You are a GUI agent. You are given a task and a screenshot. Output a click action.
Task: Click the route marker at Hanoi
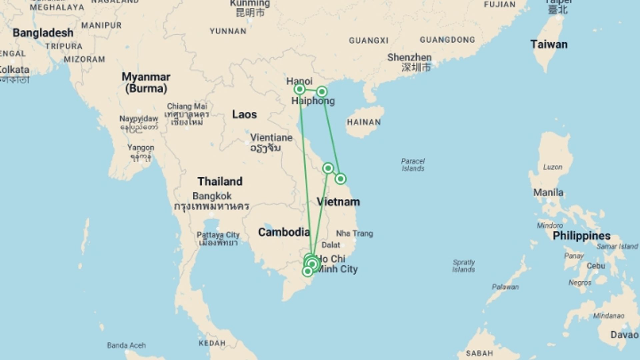click(300, 89)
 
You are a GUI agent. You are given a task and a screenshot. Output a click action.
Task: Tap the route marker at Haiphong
click(322, 92)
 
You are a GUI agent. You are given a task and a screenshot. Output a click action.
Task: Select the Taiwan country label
click(549, 44)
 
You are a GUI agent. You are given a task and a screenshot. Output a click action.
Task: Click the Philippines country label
click(581, 236)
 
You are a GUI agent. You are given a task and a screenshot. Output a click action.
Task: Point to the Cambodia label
click(284, 232)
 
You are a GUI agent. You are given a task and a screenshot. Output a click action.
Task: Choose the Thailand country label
click(220, 181)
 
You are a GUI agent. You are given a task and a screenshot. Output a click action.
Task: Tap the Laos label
click(244, 114)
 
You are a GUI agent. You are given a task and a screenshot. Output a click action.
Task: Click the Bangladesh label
click(43, 33)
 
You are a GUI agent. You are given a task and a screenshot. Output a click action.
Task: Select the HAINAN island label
click(364, 122)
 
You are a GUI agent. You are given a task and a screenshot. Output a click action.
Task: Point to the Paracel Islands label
click(413, 165)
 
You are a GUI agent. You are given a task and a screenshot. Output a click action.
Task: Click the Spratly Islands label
click(463, 266)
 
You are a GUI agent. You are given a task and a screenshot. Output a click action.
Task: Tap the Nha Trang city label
click(354, 233)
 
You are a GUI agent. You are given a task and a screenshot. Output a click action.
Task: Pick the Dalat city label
click(331, 245)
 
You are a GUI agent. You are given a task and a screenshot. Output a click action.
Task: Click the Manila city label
click(548, 192)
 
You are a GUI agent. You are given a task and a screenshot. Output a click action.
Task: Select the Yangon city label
click(141, 148)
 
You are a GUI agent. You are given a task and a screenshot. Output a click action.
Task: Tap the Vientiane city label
click(271, 138)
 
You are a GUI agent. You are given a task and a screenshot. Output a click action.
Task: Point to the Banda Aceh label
click(126, 345)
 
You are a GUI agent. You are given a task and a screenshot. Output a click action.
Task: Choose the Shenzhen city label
click(409, 57)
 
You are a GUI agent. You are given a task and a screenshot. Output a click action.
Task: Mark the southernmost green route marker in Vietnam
click(307, 271)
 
